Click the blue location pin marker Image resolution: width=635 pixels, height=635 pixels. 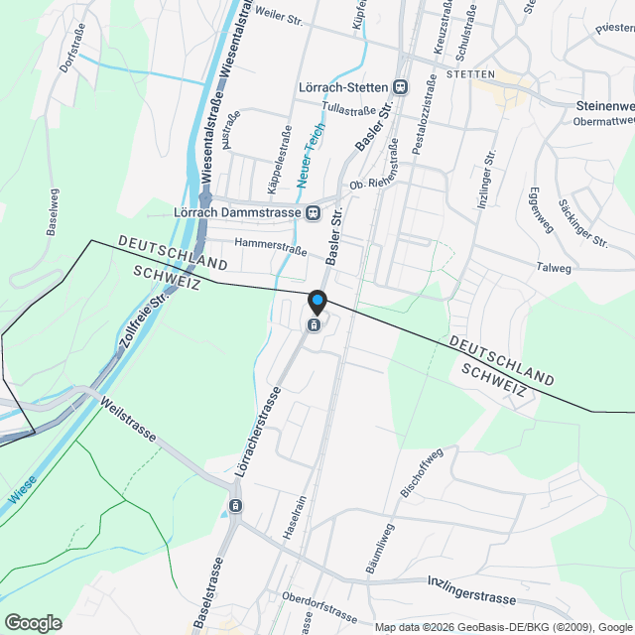pos(317,301)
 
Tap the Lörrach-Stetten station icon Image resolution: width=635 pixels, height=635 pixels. pos(400,87)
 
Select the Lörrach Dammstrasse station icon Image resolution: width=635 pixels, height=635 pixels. pos(313,211)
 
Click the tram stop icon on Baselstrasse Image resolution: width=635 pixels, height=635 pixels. pos(235,506)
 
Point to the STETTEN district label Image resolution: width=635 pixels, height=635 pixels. pos(469,74)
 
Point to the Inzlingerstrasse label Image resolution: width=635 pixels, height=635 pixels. pos(473,588)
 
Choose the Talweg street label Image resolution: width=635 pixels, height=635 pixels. pos(554,268)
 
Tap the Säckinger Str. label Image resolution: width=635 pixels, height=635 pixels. pos(582,222)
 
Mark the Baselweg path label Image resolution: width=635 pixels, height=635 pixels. pos(51,210)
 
